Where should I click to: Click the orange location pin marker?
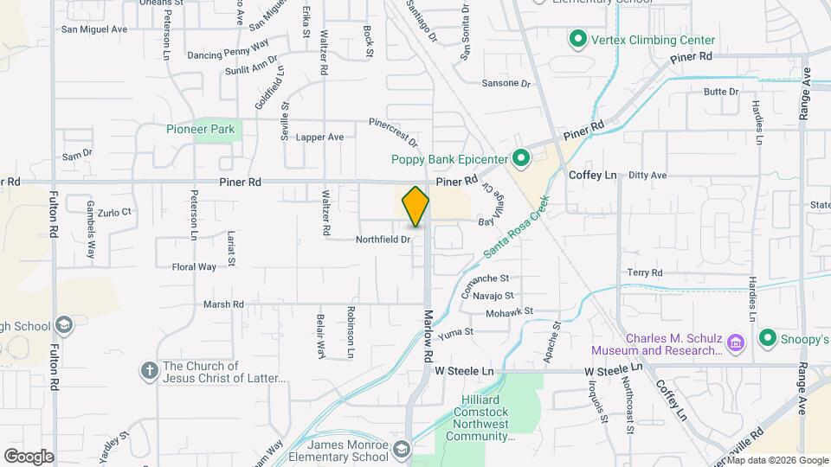416,206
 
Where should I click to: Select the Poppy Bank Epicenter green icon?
521,158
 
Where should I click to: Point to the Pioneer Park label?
201,130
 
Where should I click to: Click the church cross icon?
149,370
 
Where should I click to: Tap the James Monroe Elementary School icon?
402,449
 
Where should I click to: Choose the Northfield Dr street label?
382,240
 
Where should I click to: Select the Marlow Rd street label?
428,337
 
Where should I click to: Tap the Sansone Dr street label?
505,84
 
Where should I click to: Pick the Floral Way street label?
194,267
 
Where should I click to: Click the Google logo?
28,456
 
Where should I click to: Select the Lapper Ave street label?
319,138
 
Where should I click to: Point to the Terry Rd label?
645,272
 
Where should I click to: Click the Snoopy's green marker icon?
766,337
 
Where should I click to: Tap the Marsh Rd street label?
223,304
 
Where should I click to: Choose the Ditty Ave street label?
647,175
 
